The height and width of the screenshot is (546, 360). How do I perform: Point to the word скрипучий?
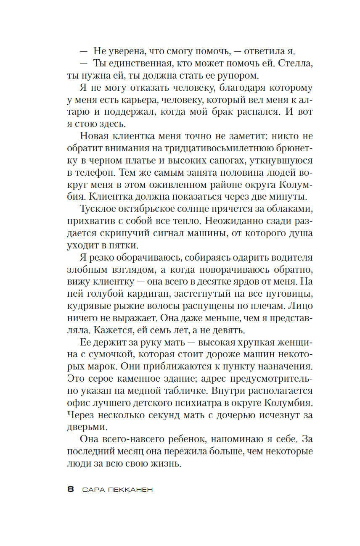pyautogui.click(x=132, y=233)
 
